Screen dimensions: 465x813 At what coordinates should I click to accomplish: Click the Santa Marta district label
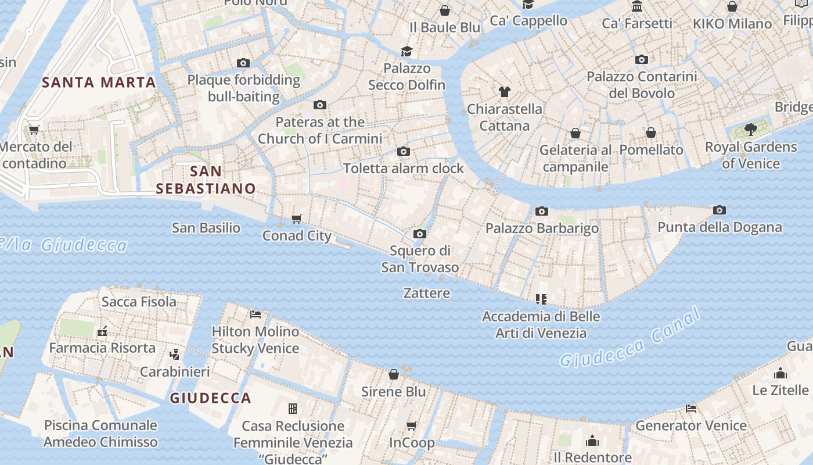click(x=99, y=82)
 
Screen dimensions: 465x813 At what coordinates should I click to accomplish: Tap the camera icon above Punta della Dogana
click(x=720, y=210)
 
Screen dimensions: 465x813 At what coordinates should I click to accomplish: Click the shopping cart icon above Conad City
click(x=297, y=219)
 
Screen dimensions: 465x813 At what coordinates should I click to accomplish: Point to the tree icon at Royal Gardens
click(x=751, y=130)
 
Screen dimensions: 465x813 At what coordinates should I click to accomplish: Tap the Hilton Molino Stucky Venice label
click(x=256, y=340)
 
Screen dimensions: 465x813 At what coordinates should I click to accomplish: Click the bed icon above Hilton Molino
click(x=256, y=314)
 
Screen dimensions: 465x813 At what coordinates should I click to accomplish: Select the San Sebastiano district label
click(x=206, y=180)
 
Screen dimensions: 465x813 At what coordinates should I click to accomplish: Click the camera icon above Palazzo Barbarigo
click(x=542, y=211)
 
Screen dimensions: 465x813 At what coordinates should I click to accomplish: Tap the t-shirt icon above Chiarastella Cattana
click(x=505, y=92)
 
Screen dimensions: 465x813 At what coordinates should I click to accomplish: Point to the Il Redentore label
click(x=592, y=457)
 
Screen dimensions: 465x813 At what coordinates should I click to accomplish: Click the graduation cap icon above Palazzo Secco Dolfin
click(x=406, y=52)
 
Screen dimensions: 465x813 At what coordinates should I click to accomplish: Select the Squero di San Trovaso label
click(x=420, y=259)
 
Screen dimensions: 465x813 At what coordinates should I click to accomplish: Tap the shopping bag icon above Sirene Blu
click(x=394, y=374)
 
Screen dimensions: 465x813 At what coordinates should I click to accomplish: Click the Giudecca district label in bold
click(x=210, y=398)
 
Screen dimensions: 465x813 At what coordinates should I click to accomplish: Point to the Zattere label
click(x=427, y=293)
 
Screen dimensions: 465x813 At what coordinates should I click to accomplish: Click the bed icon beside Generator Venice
click(x=691, y=408)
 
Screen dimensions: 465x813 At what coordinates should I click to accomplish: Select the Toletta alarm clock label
click(x=404, y=169)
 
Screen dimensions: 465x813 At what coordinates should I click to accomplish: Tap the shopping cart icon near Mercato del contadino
click(x=34, y=130)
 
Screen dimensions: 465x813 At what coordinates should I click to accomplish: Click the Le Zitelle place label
click(x=780, y=390)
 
